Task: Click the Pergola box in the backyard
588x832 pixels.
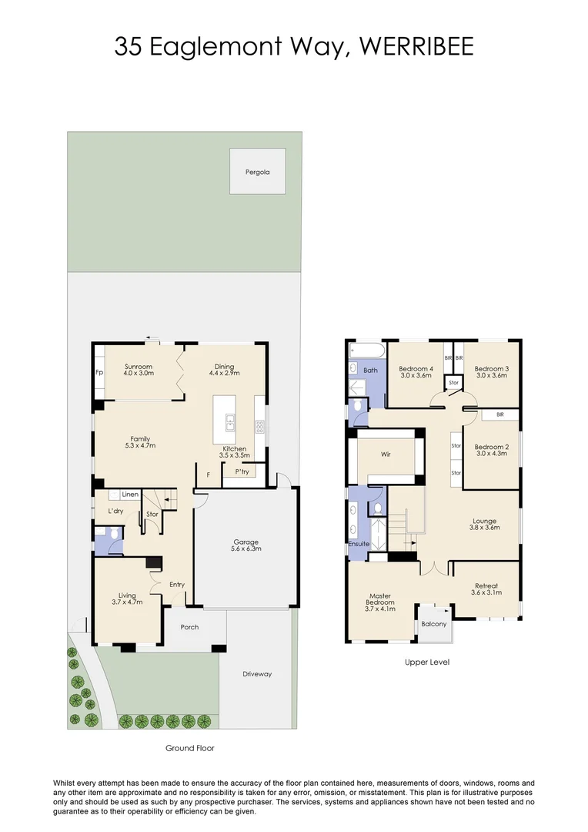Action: point(258,172)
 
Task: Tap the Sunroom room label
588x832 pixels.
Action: point(139,367)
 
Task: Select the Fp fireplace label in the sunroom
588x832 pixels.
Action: point(99,372)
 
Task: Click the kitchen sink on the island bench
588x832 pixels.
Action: point(229,421)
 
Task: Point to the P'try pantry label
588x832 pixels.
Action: point(242,472)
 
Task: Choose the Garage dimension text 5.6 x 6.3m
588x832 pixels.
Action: point(246,549)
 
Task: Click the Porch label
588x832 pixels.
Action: point(189,627)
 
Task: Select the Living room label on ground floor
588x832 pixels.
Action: point(127,595)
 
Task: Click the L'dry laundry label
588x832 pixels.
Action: point(115,512)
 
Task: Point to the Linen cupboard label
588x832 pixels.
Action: point(130,495)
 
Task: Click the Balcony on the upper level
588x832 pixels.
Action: point(434,624)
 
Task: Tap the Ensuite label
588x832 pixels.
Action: point(359,544)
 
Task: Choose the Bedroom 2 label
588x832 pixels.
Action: point(491,447)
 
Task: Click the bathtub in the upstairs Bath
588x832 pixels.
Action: point(366,351)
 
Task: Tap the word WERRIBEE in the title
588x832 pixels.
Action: point(415,46)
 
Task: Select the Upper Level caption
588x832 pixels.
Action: point(427,662)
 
